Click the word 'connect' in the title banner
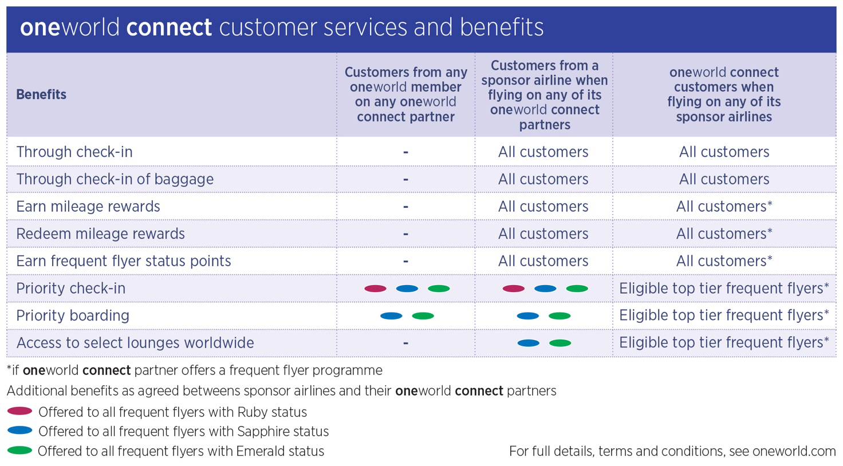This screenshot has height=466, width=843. (169, 27)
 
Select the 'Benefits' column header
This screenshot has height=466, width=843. (41, 94)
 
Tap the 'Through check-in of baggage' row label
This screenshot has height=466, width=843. (115, 179)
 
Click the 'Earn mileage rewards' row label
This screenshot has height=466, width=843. (88, 207)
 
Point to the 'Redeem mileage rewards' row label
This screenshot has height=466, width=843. (100, 234)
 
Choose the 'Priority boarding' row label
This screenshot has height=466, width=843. (73, 315)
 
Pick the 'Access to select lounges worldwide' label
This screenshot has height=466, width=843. (135, 343)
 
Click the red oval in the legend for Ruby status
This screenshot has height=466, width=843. (19, 411)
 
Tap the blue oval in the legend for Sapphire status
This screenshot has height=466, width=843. (19, 431)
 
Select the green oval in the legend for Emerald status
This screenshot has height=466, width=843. (19, 450)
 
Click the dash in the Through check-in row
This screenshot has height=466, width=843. (405, 152)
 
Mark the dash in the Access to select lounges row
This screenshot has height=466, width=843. (405, 343)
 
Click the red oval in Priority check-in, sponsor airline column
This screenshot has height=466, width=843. (513, 289)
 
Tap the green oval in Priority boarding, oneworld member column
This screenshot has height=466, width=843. (423, 315)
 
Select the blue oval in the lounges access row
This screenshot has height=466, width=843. (529, 343)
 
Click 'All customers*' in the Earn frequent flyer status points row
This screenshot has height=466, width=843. (724, 261)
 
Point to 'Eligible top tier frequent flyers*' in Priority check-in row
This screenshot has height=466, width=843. (724, 289)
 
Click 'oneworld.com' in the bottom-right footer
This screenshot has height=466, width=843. (794, 451)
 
